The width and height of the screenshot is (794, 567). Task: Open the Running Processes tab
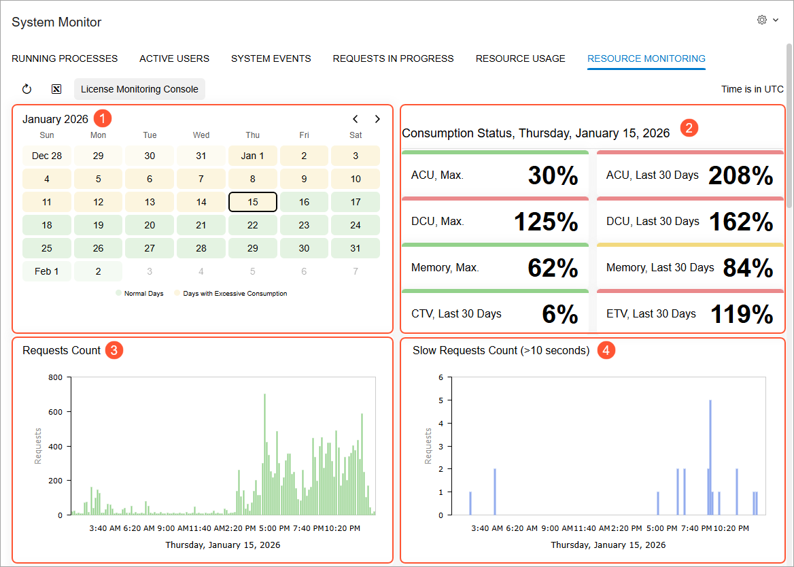pos(65,58)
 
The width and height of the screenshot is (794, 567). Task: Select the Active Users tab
pos(174,58)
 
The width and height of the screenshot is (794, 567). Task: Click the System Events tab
pos(271,58)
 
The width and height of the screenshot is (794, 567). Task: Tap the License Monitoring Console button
pos(139,89)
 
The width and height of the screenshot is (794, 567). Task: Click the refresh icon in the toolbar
pos(27,89)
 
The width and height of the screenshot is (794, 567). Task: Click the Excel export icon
pos(56,89)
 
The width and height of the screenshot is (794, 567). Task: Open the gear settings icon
pos(761,20)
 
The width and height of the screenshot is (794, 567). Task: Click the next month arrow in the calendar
pos(377,119)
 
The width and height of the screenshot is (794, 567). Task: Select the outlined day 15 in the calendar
pos(253,202)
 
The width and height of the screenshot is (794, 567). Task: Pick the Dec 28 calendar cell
pos(47,156)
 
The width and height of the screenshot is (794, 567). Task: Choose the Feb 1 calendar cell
pos(47,271)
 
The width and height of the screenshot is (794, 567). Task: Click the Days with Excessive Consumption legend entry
pos(231,294)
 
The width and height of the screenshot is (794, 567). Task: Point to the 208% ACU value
pos(740,175)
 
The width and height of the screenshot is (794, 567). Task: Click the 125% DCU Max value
pos(546,222)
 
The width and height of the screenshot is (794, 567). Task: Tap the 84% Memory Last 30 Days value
pos(748,268)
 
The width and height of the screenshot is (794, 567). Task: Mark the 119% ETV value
pos(742,314)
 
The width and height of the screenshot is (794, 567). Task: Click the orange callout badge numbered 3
pos(114,350)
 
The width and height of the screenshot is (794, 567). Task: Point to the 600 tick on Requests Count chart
pos(56,412)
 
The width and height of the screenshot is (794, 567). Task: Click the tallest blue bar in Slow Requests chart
pos(710,457)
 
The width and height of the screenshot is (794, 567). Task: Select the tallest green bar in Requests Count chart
pos(265,454)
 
